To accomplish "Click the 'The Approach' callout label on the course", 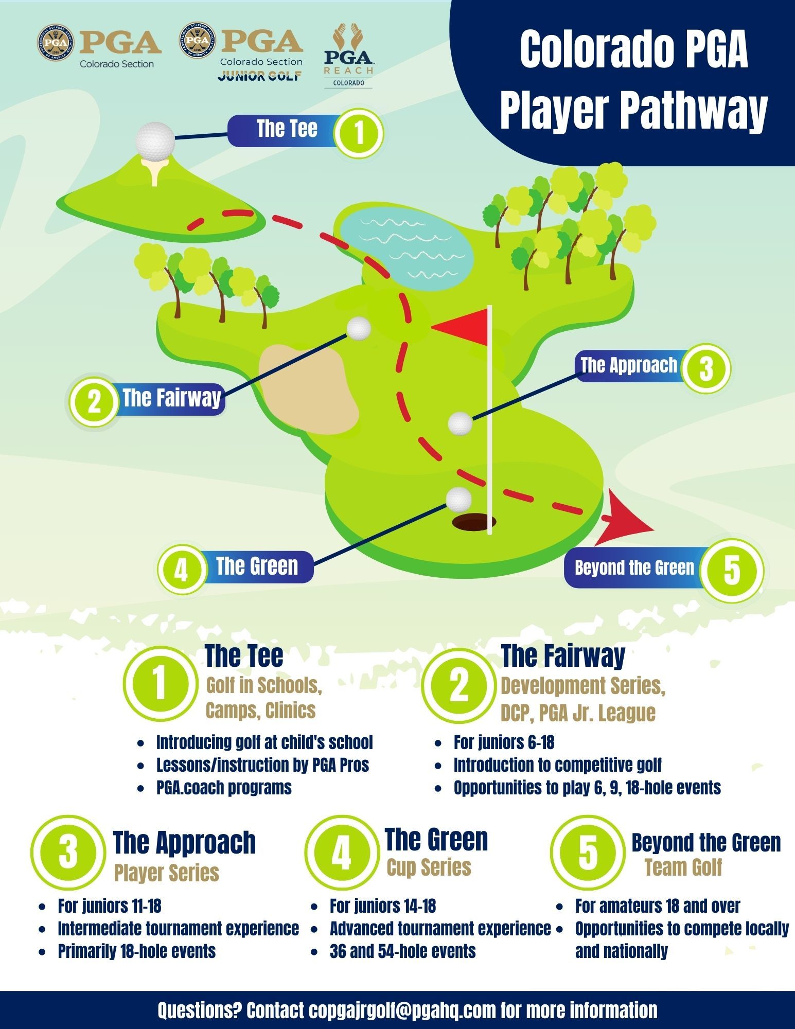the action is [629, 365].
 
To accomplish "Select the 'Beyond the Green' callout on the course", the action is [635, 568].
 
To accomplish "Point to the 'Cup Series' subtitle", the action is [429, 867].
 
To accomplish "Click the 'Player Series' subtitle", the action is [166, 873].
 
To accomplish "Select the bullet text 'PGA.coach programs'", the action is [224, 788].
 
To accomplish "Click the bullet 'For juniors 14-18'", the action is [383, 906].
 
